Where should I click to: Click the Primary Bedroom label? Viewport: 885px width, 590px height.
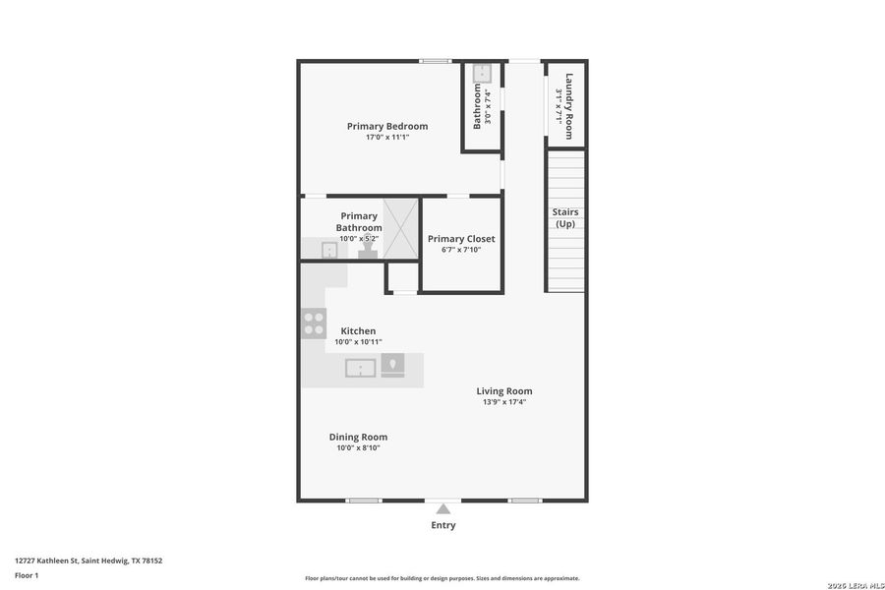[x=387, y=126]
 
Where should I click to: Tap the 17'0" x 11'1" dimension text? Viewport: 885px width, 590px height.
[x=387, y=138]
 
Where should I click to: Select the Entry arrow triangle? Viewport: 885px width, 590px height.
[x=443, y=508]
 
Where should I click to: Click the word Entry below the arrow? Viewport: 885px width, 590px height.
[x=443, y=525]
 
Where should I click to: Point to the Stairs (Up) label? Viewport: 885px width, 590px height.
[x=565, y=218]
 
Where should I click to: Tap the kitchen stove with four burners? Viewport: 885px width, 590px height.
[x=314, y=324]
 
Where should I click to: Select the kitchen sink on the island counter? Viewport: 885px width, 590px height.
[x=361, y=368]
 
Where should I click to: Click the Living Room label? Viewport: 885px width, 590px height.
[x=504, y=390]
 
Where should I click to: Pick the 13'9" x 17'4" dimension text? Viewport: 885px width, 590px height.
[x=504, y=402]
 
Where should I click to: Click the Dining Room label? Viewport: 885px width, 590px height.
[x=358, y=437]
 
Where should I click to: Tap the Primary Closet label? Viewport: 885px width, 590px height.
[x=461, y=239]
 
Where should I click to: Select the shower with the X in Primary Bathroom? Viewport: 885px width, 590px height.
[x=401, y=228]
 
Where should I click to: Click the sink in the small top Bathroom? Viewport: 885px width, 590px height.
[x=482, y=74]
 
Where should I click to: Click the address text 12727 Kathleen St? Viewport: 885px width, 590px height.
[x=88, y=560]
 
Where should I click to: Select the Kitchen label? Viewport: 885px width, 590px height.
[x=358, y=330]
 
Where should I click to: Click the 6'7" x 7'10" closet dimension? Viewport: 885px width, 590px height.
[x=461, y=250]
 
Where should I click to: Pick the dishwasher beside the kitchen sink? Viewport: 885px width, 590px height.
[x=392, y=366]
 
